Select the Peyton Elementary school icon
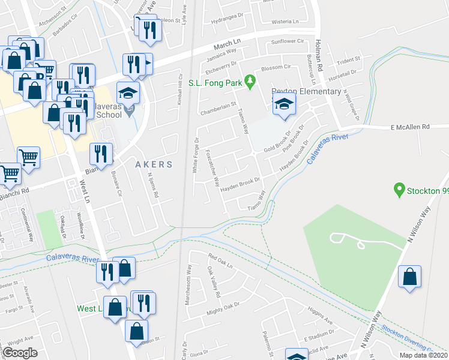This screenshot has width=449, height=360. tap(284, 105)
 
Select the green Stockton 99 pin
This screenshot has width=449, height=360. tap(397, 191)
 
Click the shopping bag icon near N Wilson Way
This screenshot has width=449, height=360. tap(409, 277)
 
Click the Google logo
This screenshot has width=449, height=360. tap(20, 353)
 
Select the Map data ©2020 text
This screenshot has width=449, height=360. tap(424, 355)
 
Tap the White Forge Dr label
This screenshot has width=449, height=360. tap(196, 156)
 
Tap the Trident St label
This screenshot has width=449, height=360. tap(348, 60)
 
